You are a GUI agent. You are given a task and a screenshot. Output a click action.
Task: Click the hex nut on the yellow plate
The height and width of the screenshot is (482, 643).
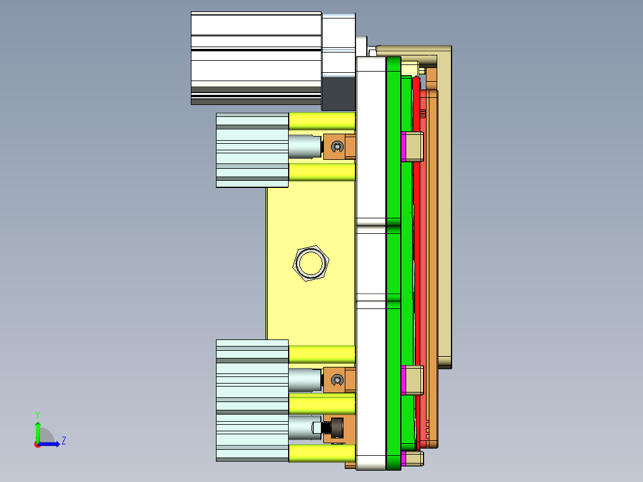point(311,262)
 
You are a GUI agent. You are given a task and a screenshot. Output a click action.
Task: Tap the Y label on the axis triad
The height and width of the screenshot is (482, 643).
point(38,414)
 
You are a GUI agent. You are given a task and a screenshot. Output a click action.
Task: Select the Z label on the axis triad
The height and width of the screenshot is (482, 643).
point(63,441)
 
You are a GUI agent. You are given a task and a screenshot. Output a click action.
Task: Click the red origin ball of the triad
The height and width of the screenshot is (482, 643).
point(37,444)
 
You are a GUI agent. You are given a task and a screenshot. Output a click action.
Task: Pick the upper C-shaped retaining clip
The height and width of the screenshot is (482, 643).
point(337,146)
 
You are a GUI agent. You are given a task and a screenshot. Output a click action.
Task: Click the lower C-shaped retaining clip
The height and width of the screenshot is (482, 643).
point(337,379)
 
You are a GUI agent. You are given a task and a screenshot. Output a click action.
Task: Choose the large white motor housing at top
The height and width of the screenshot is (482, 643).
point(256,57)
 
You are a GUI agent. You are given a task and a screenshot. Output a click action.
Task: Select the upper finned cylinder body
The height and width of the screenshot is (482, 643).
point(252,150)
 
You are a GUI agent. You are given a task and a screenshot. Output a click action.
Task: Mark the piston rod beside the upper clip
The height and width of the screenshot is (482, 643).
point(305,146)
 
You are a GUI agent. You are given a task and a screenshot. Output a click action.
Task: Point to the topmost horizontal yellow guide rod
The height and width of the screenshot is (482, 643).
point(321,121)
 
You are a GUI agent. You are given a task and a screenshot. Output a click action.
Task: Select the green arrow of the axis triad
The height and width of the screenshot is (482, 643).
point(38,431)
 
